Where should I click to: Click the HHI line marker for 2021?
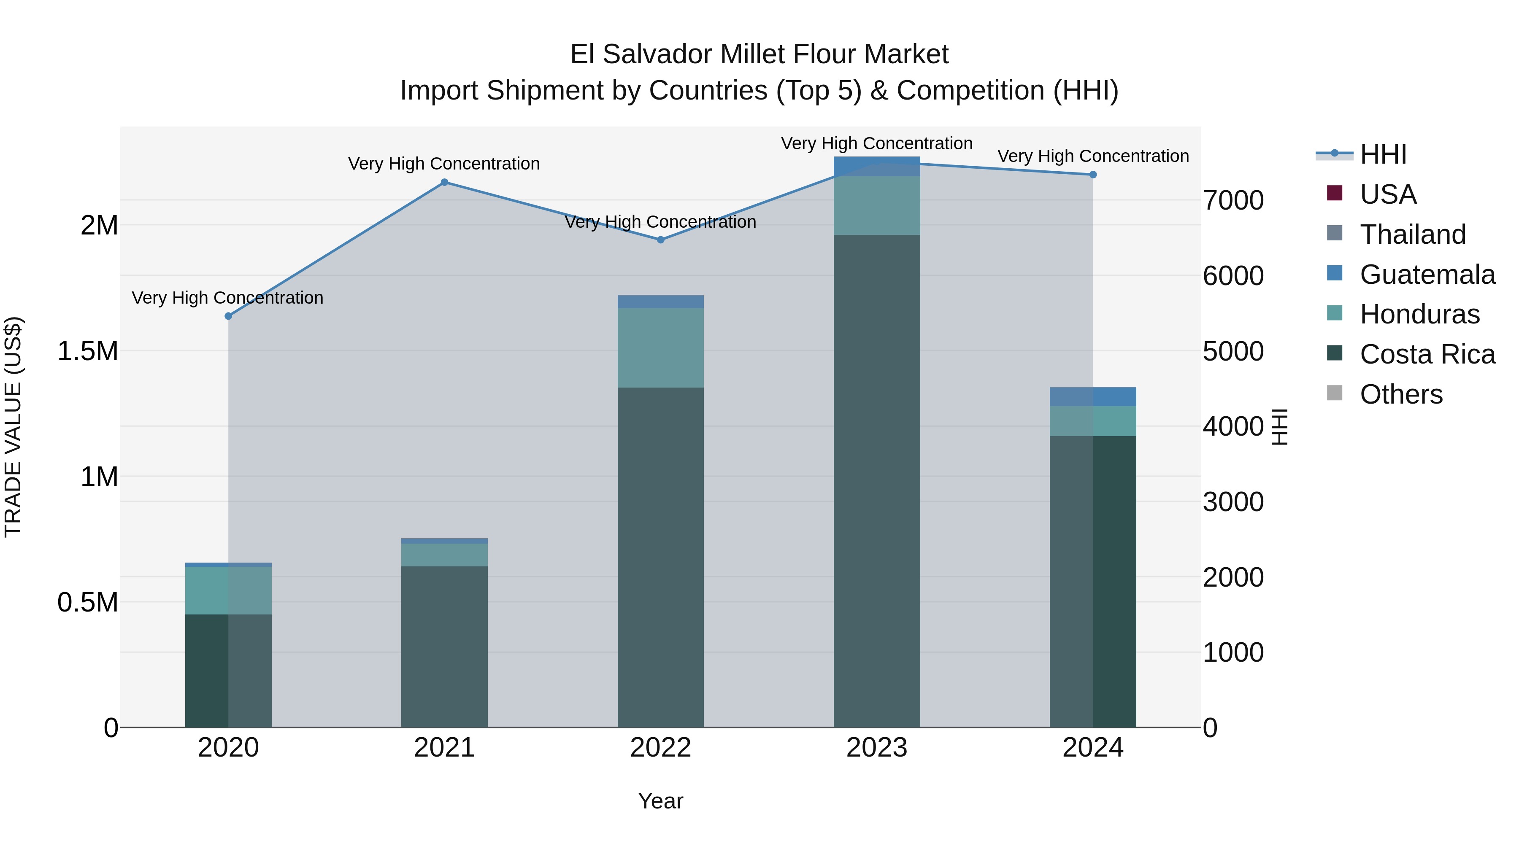click(444, 182)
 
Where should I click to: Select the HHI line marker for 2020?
click(228, 316)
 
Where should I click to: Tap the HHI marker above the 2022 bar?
click(660, 240)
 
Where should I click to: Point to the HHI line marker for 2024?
click(1093, 175)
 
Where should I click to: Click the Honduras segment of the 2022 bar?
click(660, 348)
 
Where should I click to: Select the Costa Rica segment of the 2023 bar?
click(876, 480)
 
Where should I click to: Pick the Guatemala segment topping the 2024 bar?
click(1093, 397)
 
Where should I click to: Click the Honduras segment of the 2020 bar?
click(228, 590)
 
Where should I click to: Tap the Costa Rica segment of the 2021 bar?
click(444, 647)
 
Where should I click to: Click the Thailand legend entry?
click(1412, 234)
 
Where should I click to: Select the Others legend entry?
click(1400, 394)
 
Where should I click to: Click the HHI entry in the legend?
click(1383, 154)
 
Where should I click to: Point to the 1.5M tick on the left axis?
click(88, 351)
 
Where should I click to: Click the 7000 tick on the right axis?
click(1233, 200)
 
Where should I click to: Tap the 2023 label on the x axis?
click(876, 748)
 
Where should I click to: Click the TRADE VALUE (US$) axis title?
click(13, 427)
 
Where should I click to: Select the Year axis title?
click(660, 801)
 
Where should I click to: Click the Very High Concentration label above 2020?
click(227, 298)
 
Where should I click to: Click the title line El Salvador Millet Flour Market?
click(759, 54)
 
